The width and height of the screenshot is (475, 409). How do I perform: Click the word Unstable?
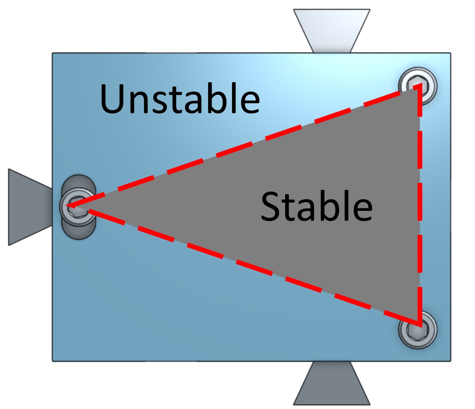(180, 98)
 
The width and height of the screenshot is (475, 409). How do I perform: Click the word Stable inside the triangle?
(316, 206)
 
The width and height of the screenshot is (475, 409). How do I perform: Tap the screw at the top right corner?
(417, 86)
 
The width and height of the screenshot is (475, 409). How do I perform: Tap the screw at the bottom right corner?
(417, 330)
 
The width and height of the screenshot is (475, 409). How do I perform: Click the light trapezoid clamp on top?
(332, 29)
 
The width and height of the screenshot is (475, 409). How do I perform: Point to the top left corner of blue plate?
(53, 53)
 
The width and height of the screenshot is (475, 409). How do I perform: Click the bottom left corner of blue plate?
(53, 361)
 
